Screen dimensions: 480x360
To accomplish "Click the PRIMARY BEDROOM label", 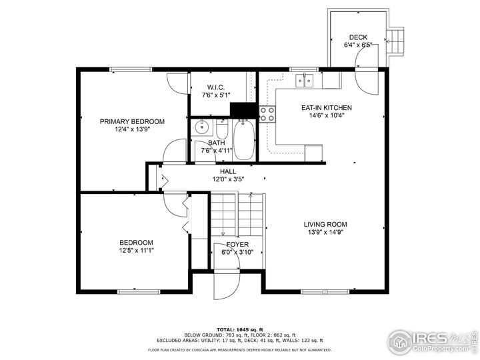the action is pyautogui.click(x=132, y=121).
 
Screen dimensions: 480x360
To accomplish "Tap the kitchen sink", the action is pyautogui.click(x=305, y=81).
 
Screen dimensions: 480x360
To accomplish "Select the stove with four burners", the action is pyautogui.click(x=267, y=114).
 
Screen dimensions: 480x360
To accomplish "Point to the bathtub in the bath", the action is pyautogui.click(x=244, y=140).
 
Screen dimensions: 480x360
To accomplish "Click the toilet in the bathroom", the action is pyautogui.click(x=222, y=129).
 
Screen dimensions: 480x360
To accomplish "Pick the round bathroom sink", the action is pyautogui.click(x=202, y=127).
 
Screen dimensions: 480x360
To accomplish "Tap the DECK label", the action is pyautogui.click(x=358, y=37).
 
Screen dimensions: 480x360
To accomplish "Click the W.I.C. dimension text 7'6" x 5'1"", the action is pyautogui.click(x=216, y=95).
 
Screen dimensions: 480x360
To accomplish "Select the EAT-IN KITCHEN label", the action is pyautogui.click(x=327, y=108).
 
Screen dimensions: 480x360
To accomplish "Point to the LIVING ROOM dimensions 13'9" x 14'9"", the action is pyautogui.click(x=325, y=232).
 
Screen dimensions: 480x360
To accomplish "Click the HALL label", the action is pyautogui.click(x=228, y=171).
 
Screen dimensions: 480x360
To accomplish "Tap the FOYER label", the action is pyautogui.click(x=237, y=244).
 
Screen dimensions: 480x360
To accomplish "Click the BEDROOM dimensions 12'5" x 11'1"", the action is pyautogui.click(x=137, y=251).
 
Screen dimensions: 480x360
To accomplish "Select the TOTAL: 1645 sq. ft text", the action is pyautogui.click(x=240, y=330).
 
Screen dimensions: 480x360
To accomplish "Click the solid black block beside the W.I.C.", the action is pyautogui.click(x=243, y=110).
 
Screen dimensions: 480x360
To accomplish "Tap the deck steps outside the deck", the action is pyautogui.click(x=394, y=41).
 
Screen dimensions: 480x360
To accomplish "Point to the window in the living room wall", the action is pyautogui.click(x=325, y=291).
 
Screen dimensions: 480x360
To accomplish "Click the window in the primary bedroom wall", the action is pyautogui.click(x=131, y=69).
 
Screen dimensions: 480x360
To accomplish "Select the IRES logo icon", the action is pyautogui.click(x=400, y=342).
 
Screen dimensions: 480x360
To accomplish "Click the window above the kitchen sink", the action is pyautogui.click(x=304, y=69).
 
